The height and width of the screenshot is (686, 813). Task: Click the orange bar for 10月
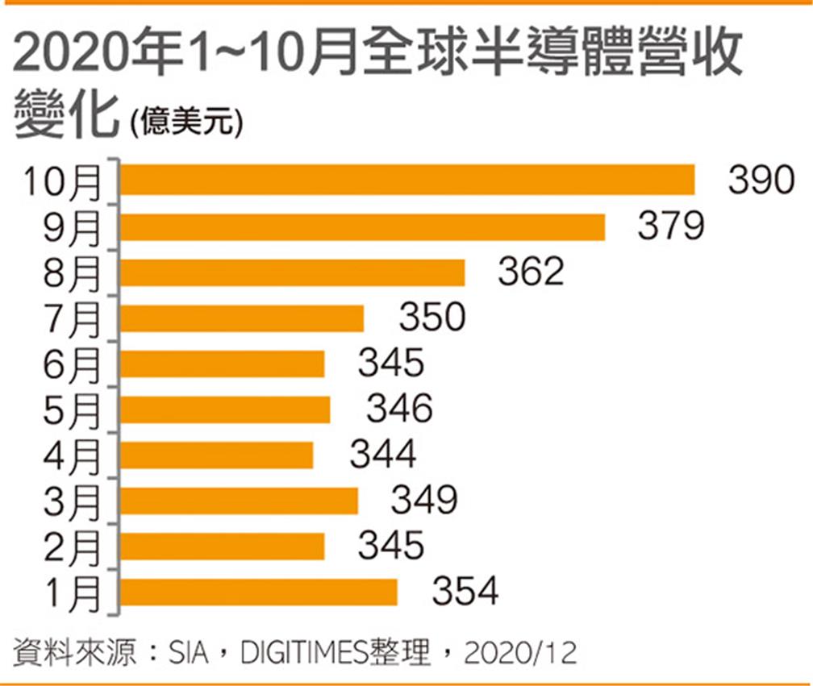click(x=407, y=181)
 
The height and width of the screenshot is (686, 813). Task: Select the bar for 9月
click(x=363, y=227)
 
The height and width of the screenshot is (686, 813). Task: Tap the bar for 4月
click(x=217, y=455)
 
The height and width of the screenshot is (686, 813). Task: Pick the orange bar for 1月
click(x=259, y=592)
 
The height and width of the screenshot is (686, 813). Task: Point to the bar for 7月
click(x=242, y=318)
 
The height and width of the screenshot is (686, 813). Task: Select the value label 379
click(x=671, y=227)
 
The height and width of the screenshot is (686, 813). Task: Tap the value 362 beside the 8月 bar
click(x=531, y=272)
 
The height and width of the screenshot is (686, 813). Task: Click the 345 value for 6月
click(x=390, y=364)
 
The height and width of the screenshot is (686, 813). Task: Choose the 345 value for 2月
click(x=390, y=546)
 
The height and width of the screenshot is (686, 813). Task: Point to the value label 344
click(x=382, y=455)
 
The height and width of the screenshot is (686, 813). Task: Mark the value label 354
click(x=465, y=592)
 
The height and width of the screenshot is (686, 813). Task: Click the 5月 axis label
click(x=71, y=410)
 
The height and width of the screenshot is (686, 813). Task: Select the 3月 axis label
click(x=71, y=501)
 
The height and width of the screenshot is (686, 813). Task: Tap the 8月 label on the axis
click(x=71, y=273)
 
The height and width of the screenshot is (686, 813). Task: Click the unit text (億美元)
click(x=185, y=122)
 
